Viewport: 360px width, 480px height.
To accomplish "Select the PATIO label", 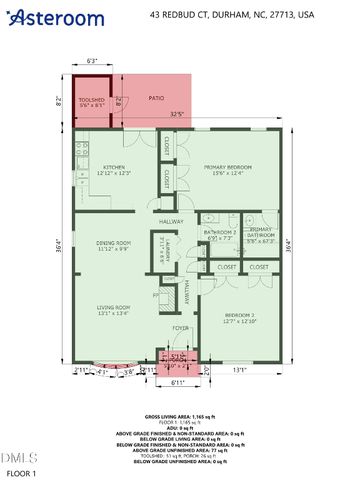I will point(156,97).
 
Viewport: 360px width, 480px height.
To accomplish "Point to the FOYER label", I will point(180,327).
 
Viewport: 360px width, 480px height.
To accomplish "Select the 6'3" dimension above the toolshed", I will point(92,62).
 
